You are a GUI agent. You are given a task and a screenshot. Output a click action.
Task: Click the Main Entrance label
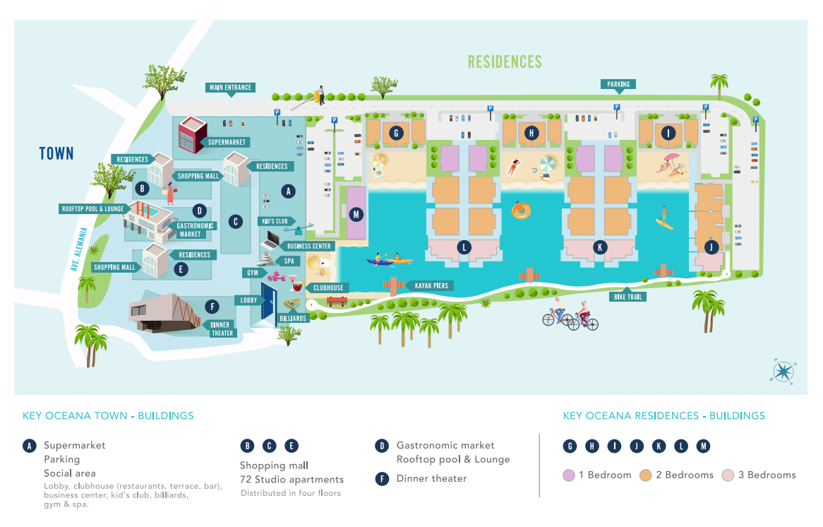230,87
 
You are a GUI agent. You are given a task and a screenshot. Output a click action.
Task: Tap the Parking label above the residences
618,84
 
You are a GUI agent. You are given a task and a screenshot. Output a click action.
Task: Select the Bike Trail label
627,297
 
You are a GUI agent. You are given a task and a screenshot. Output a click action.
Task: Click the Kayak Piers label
431,286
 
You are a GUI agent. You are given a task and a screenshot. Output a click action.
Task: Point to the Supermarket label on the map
227,142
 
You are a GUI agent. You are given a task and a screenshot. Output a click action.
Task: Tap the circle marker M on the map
356,214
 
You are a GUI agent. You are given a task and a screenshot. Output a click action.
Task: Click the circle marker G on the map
396,133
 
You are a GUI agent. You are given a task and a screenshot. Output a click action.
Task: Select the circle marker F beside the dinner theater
212,307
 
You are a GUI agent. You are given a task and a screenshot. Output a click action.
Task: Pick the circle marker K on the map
600,247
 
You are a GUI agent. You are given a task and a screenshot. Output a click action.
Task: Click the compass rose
783,371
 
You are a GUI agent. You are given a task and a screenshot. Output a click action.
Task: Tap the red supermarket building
192,134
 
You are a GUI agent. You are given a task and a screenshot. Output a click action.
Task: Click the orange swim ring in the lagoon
521,211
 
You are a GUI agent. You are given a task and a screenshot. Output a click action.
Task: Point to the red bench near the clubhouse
337,301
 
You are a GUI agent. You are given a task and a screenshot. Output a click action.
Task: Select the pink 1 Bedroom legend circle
569,475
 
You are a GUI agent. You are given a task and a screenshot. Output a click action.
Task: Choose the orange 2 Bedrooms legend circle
646,475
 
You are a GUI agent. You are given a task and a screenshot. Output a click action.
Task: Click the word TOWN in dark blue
56,153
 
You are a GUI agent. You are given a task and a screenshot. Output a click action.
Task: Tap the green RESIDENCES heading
505,62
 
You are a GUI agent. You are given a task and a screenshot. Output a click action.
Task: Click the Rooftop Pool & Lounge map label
93,208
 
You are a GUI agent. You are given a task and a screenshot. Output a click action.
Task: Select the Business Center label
308,246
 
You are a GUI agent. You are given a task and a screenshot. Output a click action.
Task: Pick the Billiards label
293,319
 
